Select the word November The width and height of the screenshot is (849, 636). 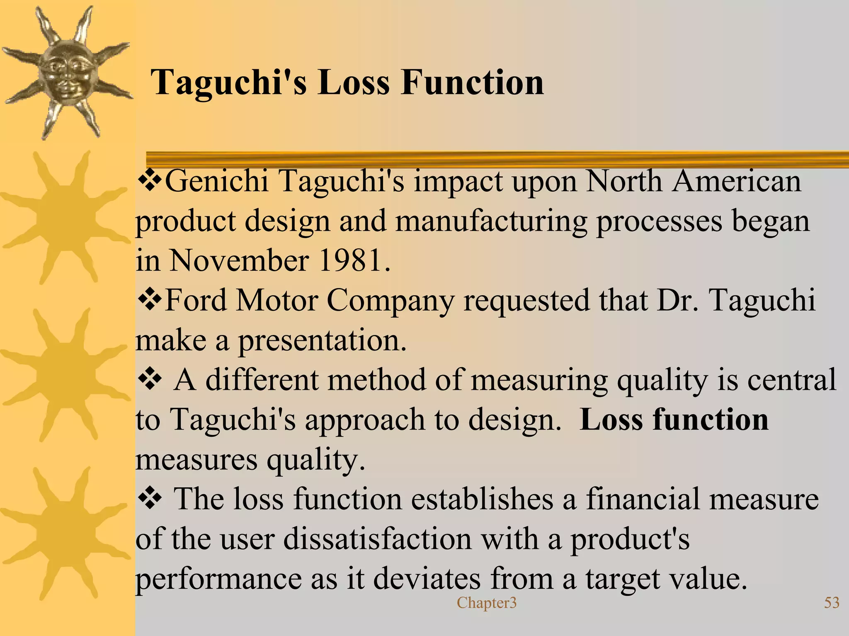click(x=239, y=260)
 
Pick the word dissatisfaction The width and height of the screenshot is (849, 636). click(x=378, y=539)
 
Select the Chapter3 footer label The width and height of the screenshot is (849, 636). click(x=487, y=603)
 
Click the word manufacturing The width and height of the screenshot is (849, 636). click(x=491, y=221)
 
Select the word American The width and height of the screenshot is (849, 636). click(x=736, y=181)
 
